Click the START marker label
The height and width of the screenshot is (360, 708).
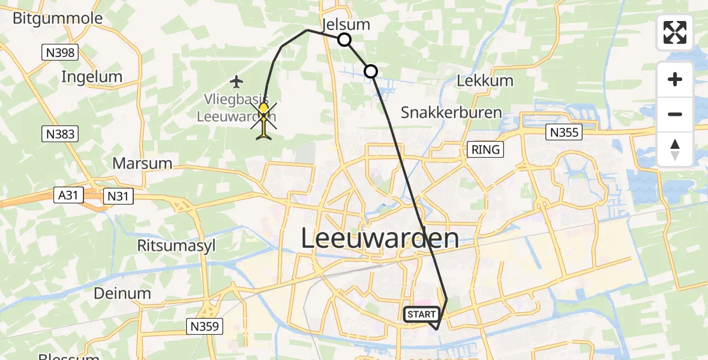tap(422, 314)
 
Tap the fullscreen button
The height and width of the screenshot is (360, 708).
tap(675, 32)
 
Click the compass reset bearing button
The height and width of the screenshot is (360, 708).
tap(675, 149)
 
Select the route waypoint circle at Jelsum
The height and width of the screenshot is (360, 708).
tap(344, 40)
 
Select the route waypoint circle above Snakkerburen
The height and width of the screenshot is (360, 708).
tap(371, 72)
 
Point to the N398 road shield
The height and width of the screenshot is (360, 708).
tap(61, 53)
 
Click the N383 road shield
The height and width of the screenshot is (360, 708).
tap(61, 134)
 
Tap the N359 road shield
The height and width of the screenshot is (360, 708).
tap(205, 326)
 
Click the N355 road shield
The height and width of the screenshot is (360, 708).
tap(562, 133)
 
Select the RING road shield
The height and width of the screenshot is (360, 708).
tap(485, 149)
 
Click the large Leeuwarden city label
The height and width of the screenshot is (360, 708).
tap(379, 238)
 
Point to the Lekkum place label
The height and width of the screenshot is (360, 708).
tap(485, 81)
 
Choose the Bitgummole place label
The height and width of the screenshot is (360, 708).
tap(58, 19)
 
